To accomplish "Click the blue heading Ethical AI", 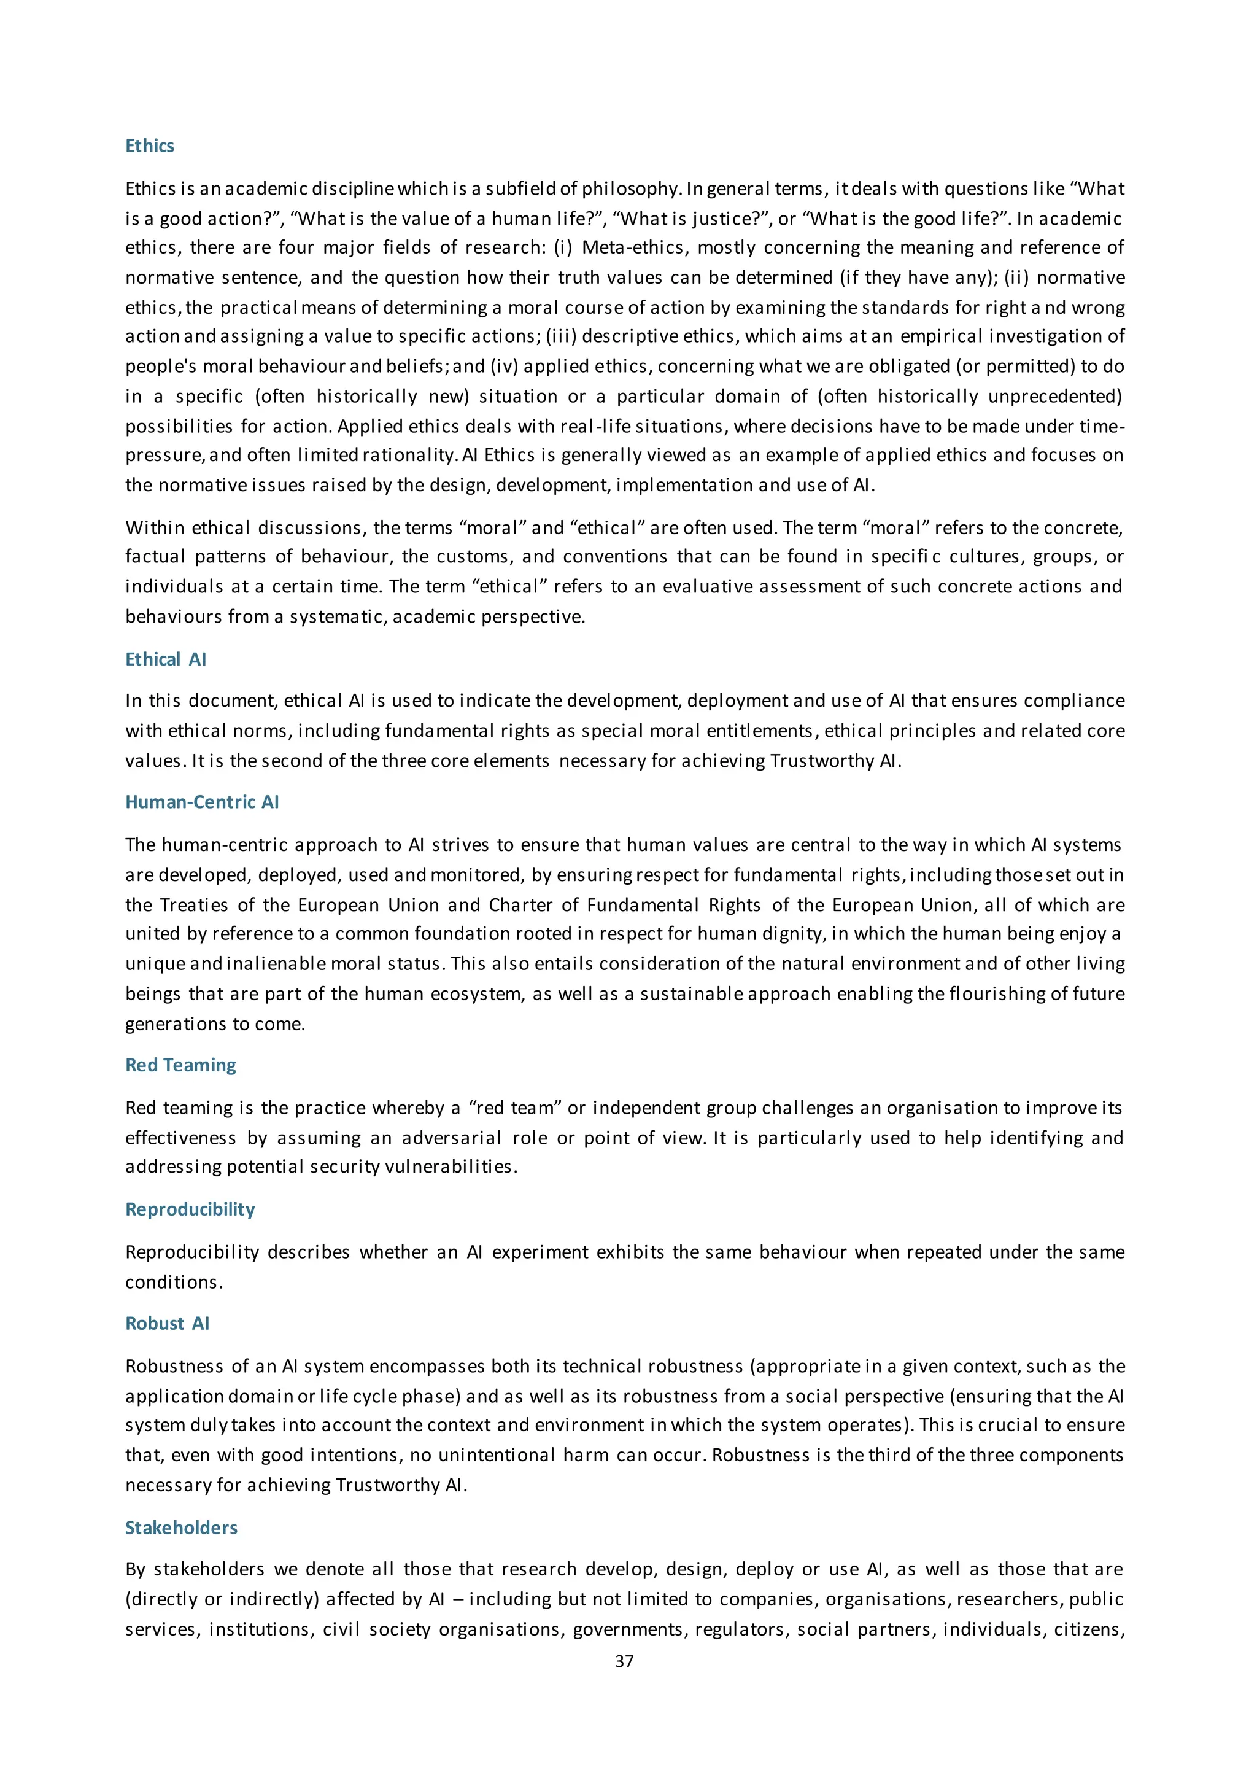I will coord(166,659).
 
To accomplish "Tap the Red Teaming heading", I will coord(180,1065).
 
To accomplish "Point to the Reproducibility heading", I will coord(190,1209).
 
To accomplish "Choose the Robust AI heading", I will coord(167,1324).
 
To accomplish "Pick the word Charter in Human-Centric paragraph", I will coord(519,905).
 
